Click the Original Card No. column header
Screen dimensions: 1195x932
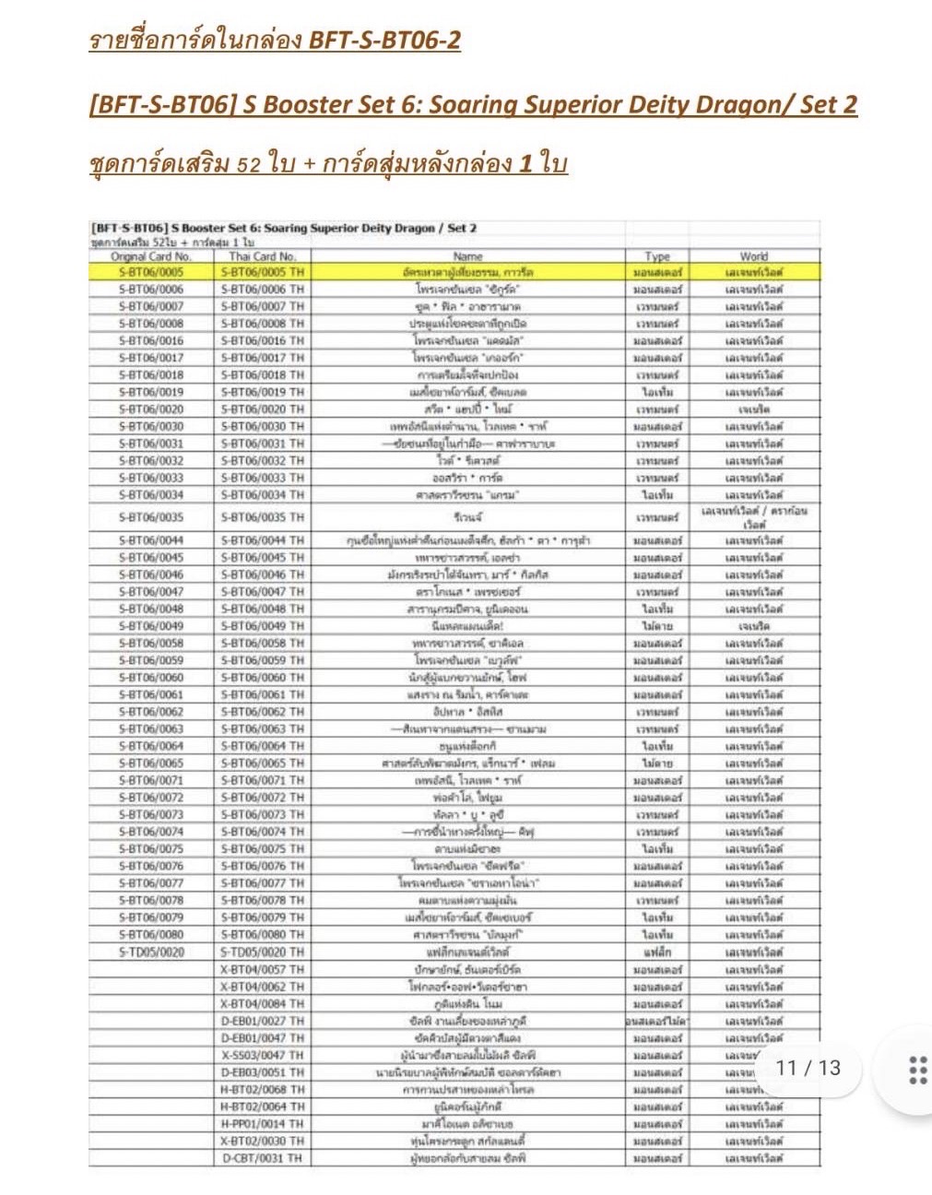[x=151, y=256]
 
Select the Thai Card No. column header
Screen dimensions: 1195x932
[x=263, y=256]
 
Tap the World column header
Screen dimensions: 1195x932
[x=753, y=256]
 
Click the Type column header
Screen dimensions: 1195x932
[x=657, y=256]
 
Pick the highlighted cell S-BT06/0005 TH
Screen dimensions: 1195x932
[x=263, y=273]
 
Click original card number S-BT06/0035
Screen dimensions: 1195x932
[x=151, y=517]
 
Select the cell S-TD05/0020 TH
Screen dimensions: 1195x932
[x=263, y=952]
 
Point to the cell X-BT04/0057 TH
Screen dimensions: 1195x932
[x=263, y=969]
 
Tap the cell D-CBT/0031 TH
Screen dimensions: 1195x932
[x=263, y=1158]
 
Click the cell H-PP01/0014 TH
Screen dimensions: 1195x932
[x=263, y=1124]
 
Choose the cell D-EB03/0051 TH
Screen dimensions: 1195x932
[x=263, y=1072]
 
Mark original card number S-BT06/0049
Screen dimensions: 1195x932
[x=151, y=626]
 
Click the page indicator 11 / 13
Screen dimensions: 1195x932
[x=808, y=1068]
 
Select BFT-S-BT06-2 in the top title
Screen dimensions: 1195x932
[x=384, y=41]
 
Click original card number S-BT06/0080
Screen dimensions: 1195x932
[x=151, y=934]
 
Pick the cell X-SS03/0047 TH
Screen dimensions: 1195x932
[x=263, y=1055]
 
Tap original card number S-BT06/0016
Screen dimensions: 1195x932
[x=151, y=340]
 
